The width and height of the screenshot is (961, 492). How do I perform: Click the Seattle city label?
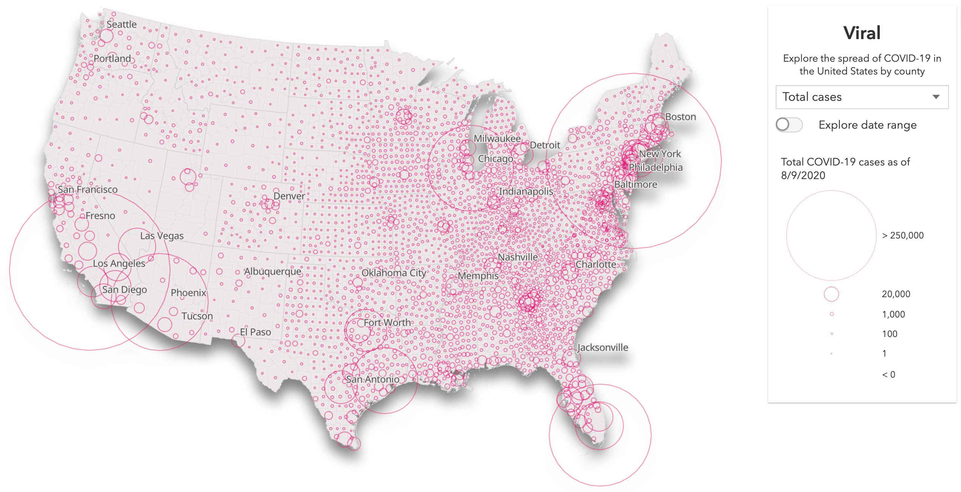pyautogui.click(x=121, y=24)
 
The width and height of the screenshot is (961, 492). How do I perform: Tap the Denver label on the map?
pyautogui.click(x=289, y=196)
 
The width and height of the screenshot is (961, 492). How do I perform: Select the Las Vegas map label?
pyautogui.click(x=162, y=236)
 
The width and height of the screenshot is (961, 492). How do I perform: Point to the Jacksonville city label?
pyautogui.click(x=603, y=348)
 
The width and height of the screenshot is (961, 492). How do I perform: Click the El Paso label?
pyautogui.click(x=255, y=332)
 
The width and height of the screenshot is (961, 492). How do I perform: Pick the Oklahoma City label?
pyautogui.click(x=394, y=273)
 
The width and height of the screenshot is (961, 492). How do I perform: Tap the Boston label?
pyautogui.click(x=680, y=117)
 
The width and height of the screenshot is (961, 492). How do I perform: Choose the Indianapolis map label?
pyautogui.click(x=526, y=191)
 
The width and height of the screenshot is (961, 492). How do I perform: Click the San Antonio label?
pyautogui.click(x=372, y=379)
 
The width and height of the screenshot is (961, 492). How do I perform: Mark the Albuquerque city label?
pyautogui.click(x=273, y=272)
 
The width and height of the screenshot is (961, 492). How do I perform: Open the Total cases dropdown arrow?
pyautogui.click(x=936, y=97)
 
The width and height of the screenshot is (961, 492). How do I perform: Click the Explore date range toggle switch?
pyautogui.click(x=789, y=125)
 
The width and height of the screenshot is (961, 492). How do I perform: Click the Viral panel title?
pyautogui.click(x=862, y=33)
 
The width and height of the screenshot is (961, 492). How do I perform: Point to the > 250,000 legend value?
pyautogui.click(x=903, y=235)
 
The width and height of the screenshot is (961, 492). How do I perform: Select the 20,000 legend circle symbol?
pyautogui.click(x=831, y=294)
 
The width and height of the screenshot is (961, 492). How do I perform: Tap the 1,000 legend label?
pyautogui.click(x=893, y=314)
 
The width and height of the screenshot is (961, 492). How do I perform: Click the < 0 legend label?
pyautogui.click(x=888, y=375)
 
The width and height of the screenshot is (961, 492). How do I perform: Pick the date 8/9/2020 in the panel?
pyautogui.click(x=803, y=176)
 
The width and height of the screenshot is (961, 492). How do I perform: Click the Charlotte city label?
pyautogui.click(x=595, y=264)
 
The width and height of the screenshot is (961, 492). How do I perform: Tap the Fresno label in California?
pyautogui.click(x=100, y=216)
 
